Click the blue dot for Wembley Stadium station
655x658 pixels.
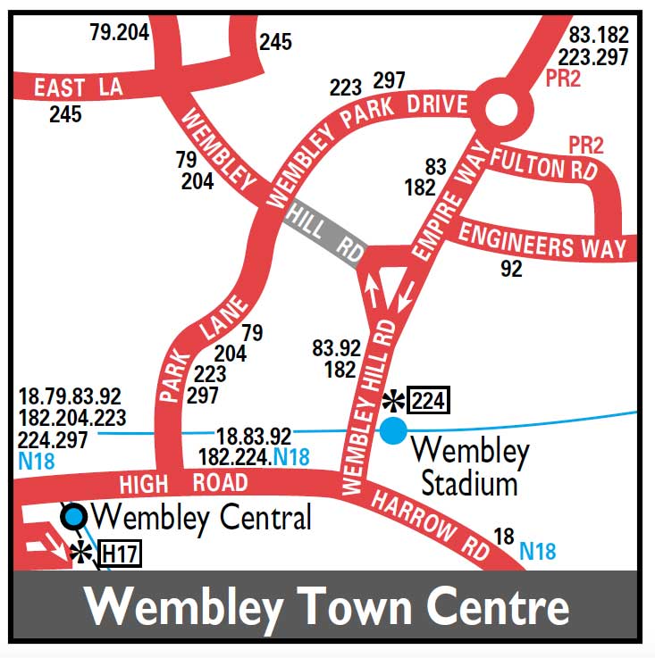393,430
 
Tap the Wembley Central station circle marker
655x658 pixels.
73,516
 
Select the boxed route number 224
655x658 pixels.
428,401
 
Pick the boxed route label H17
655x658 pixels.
120,554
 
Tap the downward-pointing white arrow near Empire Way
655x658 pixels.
407,295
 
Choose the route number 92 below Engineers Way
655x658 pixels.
511,268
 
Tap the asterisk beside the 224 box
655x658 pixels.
393,401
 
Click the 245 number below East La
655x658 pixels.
65,114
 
